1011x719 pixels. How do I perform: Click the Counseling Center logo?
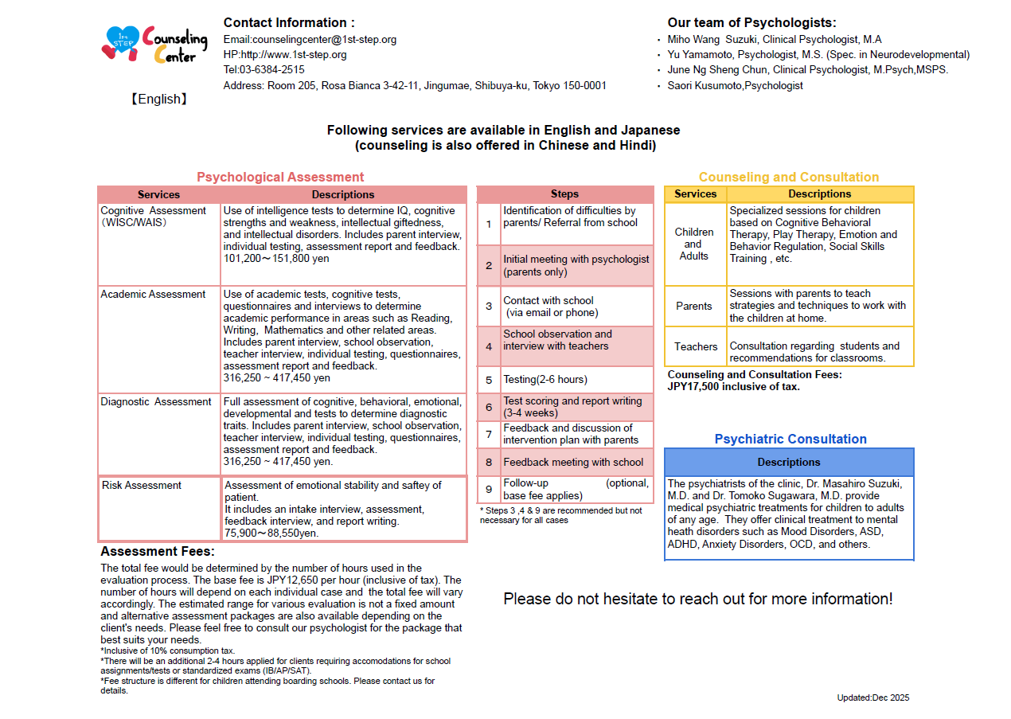pos(154,45)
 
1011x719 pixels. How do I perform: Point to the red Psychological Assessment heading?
pos(280,178)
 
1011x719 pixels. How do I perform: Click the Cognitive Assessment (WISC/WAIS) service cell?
pos(153,217)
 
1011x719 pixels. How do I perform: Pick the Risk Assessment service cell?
pos(142,486)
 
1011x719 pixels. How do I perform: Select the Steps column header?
pos(564,194)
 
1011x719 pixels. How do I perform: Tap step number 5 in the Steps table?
pos(489,380)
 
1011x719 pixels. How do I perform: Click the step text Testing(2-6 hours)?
pos(545,380)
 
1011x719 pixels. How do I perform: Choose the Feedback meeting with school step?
pos(573,463)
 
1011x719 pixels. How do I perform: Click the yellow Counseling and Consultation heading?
pos(789,178)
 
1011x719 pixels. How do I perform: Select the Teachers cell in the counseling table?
pos(696,347)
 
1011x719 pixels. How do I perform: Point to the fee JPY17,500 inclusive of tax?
pos(733,387)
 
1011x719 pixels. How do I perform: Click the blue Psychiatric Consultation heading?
pos(790,440)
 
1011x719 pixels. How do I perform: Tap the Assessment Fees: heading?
pos(158,552)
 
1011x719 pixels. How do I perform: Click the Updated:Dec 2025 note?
pos(872,698)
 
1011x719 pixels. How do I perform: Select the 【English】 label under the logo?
pos(159,100)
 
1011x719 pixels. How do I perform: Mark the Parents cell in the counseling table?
pos(694,307)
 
